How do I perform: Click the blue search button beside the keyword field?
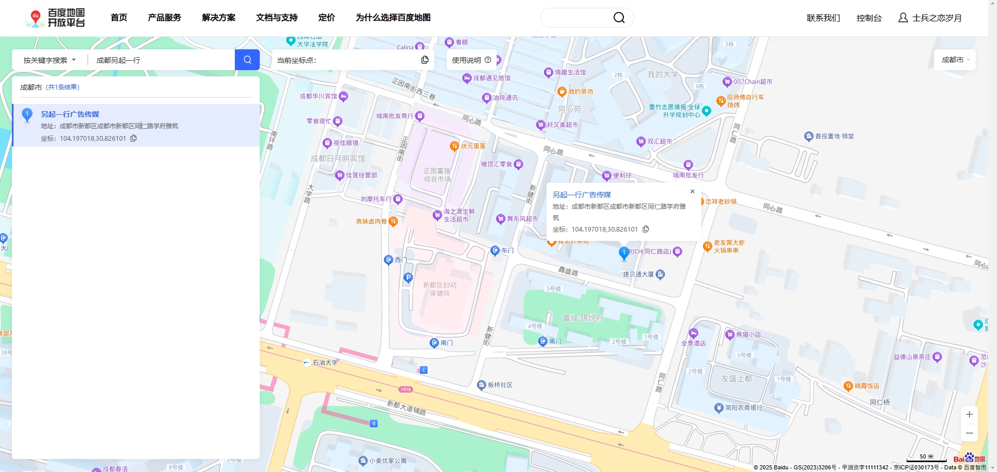point(247,60)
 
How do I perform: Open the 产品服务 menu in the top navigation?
point(164,18)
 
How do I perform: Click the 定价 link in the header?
point(326,18)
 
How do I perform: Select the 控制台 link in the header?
point(869,18)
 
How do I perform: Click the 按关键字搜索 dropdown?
point(49,60)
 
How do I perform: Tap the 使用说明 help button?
point(471,60)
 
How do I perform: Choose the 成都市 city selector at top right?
point(955,60)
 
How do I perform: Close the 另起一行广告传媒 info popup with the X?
point(692,192)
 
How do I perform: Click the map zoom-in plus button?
point(969,414)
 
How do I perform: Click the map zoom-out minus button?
point(969,433)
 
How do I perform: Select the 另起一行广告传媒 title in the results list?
point(70,114)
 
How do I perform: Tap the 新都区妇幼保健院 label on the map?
point(440,289)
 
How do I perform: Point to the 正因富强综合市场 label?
point(437,175)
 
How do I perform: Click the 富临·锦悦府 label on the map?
point(582,318)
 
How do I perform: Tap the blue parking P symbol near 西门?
point(408,278)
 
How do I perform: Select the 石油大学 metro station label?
point(325,363)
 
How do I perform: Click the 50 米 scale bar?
point(926,457)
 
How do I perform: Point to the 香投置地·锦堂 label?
point(834,137)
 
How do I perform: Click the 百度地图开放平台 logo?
point(56,18)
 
